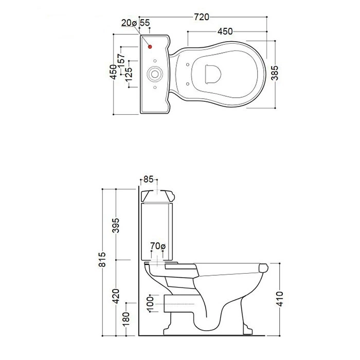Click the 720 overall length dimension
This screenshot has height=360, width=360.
click(x=202, y=17)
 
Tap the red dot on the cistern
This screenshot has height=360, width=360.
click(x=150, y=47)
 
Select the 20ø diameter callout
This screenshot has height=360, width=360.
click(x=129, y=23)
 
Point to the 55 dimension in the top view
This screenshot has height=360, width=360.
click(x=145, y=23)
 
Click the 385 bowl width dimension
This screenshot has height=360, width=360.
click(x=275, y=73)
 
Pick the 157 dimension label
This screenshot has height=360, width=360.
click(x=121, y=61)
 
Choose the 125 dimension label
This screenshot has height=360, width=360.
click(x=129, y=74)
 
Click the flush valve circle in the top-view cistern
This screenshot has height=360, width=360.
click(x=155, y=74)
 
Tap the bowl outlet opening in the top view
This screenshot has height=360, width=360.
click(x=212, y=74)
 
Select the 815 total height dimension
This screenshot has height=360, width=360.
click(x=102, y=259)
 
